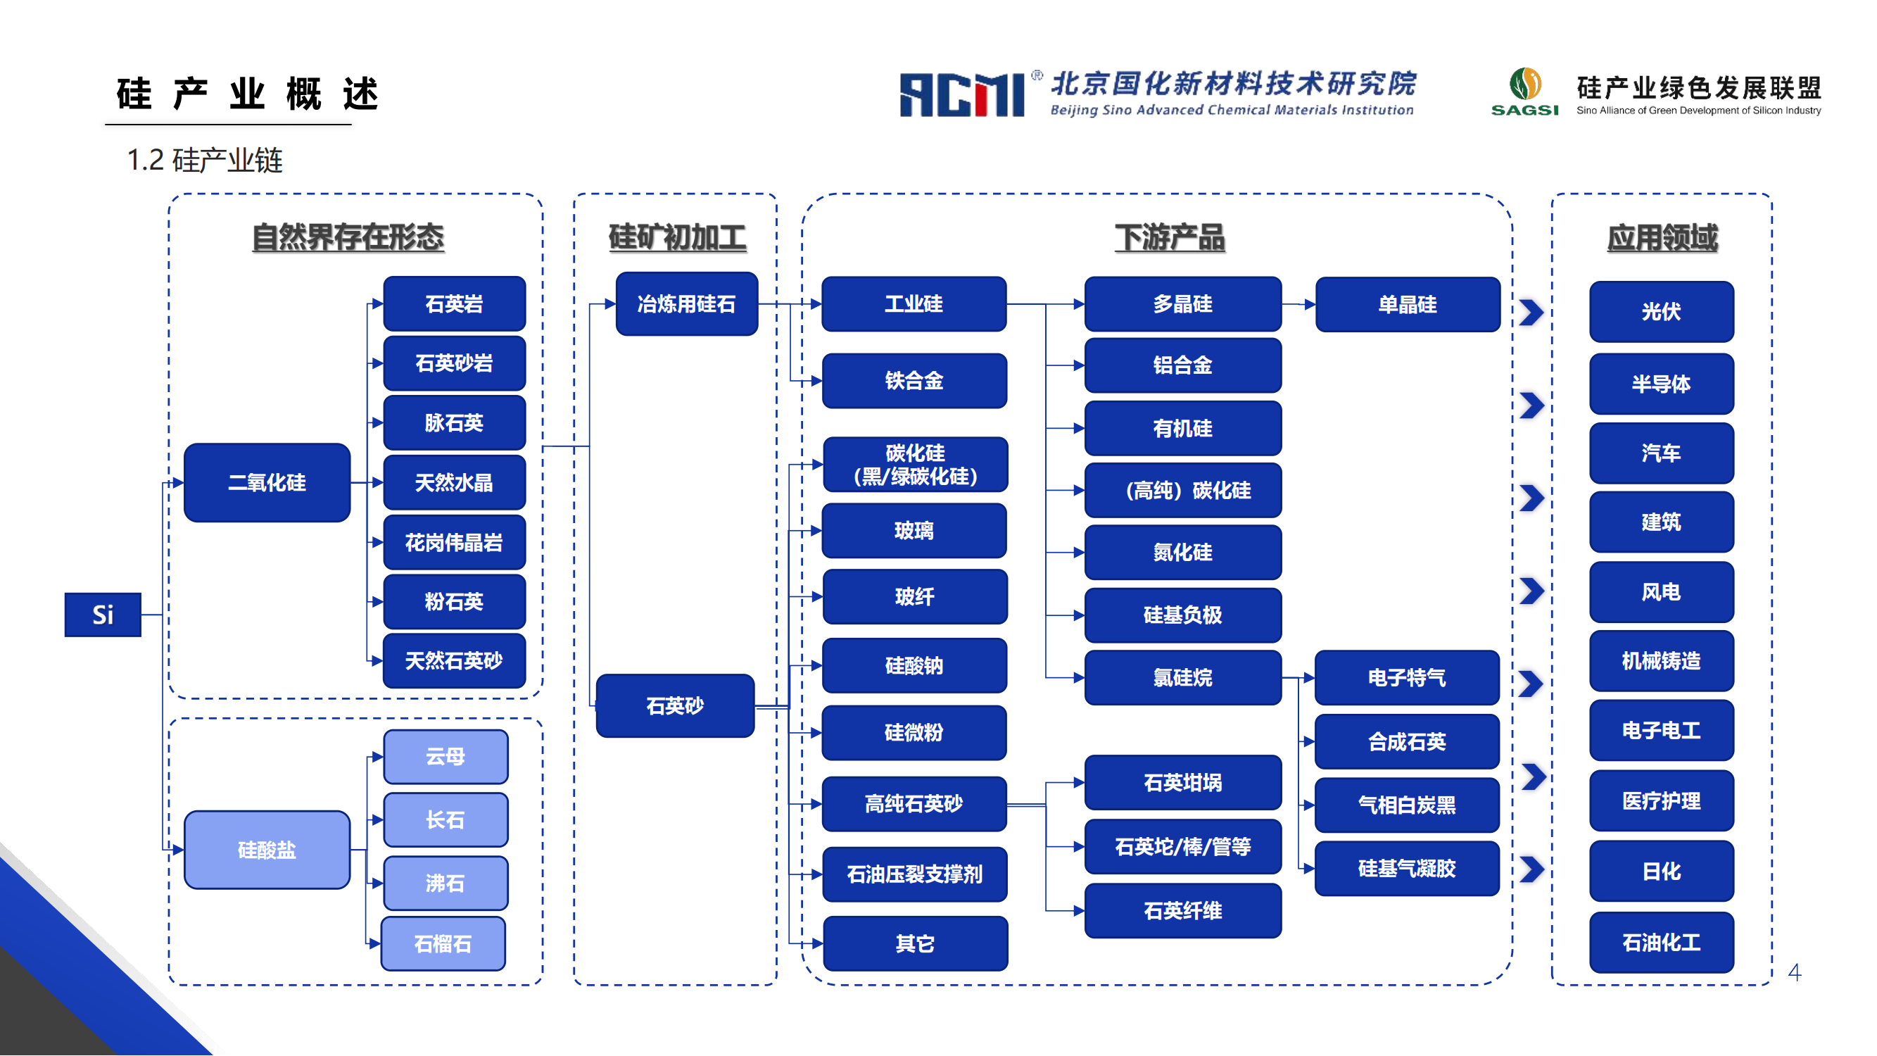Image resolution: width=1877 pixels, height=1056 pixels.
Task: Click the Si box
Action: pyautogui.click(x=103, y=615)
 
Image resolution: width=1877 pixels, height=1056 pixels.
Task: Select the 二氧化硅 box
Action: pyautogui.click(x=267, y=482)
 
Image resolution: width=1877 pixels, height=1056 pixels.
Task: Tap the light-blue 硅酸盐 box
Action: pyautogui.click(x=267, y=850)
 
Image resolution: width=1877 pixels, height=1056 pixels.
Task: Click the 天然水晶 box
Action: pyautogui.click(x=454, y=482)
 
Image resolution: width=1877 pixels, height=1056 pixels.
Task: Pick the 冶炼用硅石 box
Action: pyautogui.click(x=686, y=304)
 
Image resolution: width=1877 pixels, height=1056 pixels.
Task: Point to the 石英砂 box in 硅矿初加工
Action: pyautogui.click(x=675, y=705)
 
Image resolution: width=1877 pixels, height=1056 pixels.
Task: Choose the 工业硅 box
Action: pyautogui.click(x=914, y=304)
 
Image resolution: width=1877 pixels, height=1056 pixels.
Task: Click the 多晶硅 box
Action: pyautogui.click(x=1182, y=304)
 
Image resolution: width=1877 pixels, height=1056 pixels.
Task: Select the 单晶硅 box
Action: pyautogui.click(x=1407, y=305)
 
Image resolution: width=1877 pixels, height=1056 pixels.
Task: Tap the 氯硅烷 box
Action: pyautogui.click(x=1182, y=678)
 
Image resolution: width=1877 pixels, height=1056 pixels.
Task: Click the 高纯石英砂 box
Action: pyautogui.click(x=914, y=804)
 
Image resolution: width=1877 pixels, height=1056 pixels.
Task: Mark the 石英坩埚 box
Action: pyautogui.click(x=1182, y=783)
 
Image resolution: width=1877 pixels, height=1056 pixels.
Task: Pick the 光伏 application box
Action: pyautogui.click(x=1662, y=312)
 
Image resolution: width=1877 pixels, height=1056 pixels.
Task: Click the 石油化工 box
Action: pyautogui.click(x=1662, y=943)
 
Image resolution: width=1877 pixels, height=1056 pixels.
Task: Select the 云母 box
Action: pyautogui.click(x=445, y=757)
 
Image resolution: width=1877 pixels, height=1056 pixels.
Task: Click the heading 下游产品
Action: pyautogui.click(x=1170, y=237)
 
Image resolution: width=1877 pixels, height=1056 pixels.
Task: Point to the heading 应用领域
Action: pyautogui.click(x=1662, y=237)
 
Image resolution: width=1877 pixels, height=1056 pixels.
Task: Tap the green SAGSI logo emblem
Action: pyautogui.click(x=1525, y=84)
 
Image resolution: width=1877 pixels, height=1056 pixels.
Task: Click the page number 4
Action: pyautogui.click(x=1795, y=972)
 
